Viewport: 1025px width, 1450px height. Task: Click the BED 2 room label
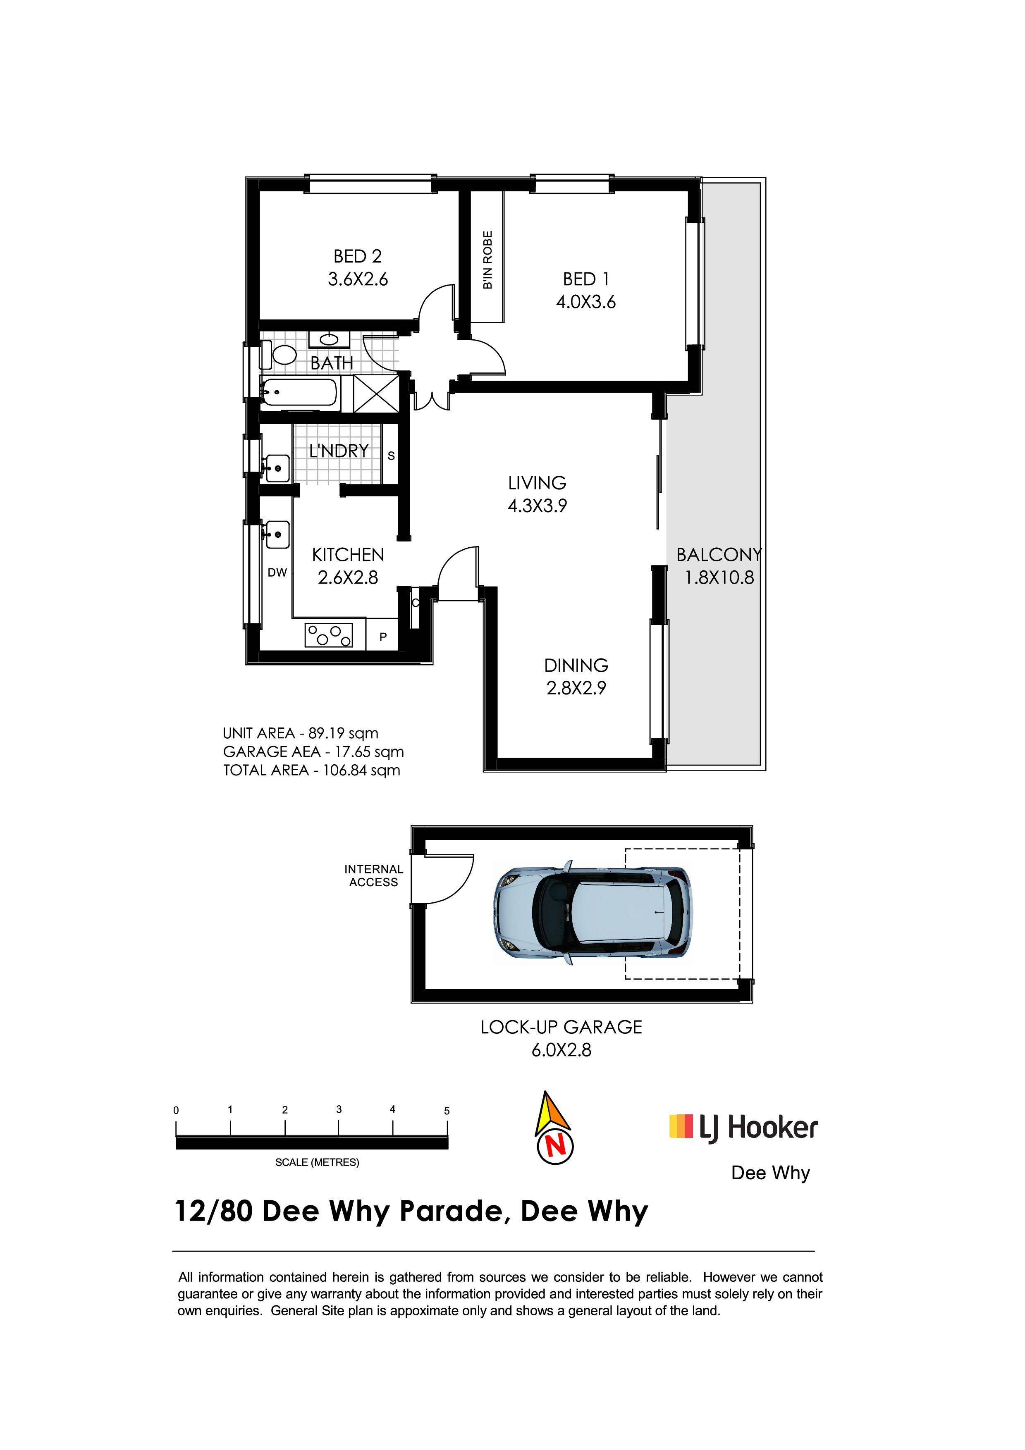click(358, 256)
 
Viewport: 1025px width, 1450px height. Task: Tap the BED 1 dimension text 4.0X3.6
click(585, 302)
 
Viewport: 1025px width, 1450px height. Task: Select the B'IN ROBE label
click(487, 260)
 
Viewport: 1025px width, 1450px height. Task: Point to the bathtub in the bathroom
click(299, 393)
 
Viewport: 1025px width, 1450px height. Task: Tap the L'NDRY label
click(339, 451)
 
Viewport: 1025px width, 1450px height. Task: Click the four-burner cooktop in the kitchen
click(328, 635)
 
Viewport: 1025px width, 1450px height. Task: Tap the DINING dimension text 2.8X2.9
click(576, 688)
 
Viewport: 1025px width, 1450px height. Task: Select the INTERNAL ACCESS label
click(373, 876)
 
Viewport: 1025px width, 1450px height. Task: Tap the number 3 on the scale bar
click(339, 1109)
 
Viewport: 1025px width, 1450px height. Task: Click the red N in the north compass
click(556, 1146)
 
